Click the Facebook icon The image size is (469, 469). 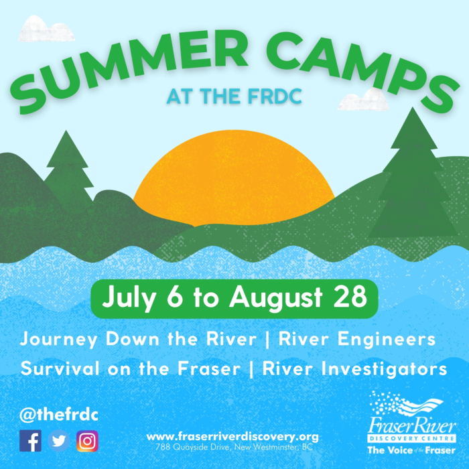point(31,441)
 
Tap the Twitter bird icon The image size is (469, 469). point(59,441)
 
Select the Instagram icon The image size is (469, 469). point(87,441)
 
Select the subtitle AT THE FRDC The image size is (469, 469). point(234,96)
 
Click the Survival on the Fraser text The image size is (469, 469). point(135,368)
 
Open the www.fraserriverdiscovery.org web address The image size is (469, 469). point(232,435)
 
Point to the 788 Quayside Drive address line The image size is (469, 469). point(232,446)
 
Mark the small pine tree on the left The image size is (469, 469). point(67,167)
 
